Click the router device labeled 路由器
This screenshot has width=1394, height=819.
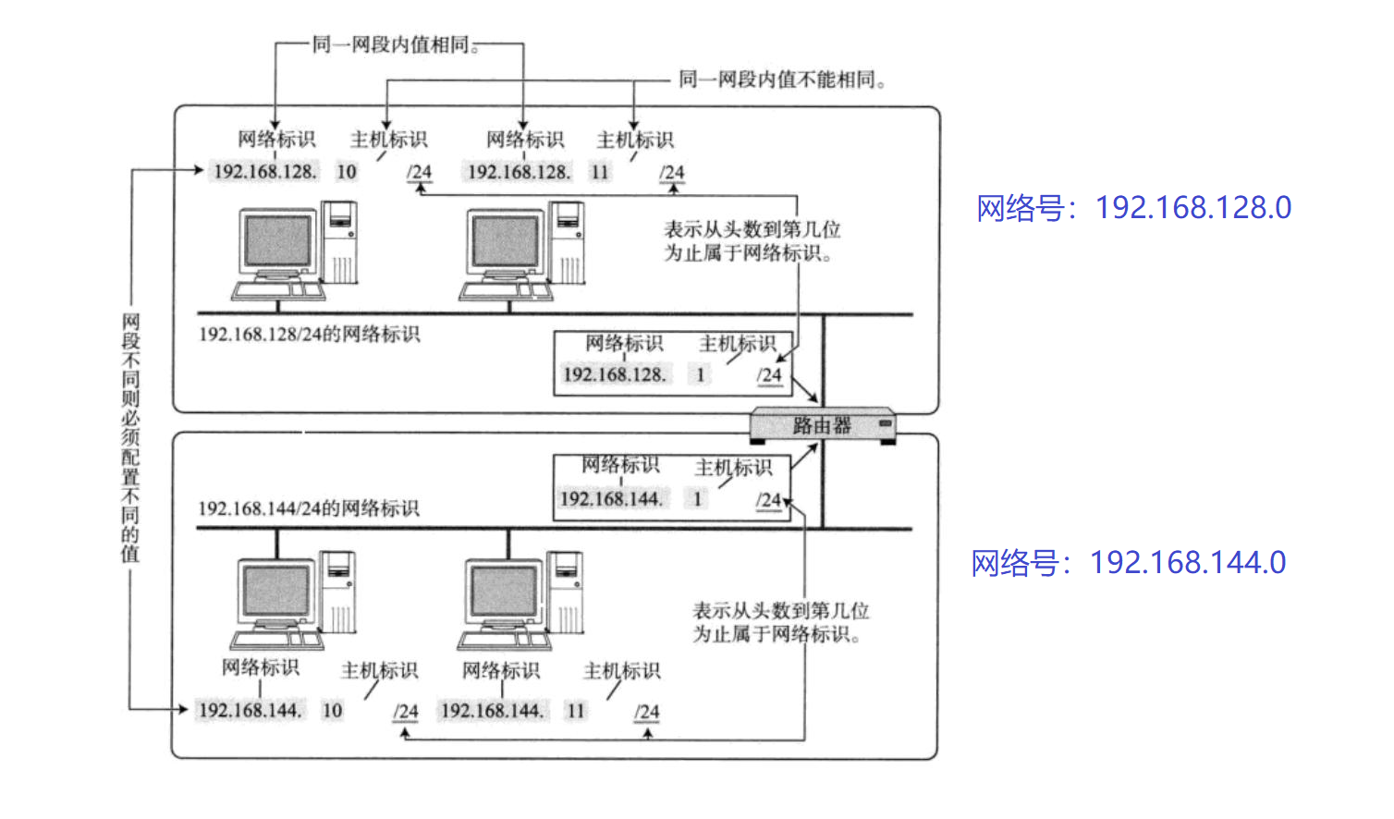(x=821, y=425)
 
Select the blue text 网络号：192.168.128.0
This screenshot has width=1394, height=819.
(x=1133, y=208)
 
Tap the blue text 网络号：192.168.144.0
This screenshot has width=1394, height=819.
(x=1128, y=562)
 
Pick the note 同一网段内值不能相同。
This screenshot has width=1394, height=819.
(x=782, y=79)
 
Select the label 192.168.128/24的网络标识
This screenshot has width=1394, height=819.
(x=309, y=334)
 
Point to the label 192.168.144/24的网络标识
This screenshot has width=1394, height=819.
(x=308, y=508)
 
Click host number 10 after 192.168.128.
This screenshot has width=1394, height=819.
(x=347, y=172)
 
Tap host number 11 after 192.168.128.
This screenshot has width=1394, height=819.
(x=600, y=172)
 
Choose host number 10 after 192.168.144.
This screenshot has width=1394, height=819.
(x=332, y=711)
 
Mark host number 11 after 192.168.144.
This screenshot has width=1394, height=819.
(x=576, y=711)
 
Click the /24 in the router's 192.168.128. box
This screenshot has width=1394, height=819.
(x=769, y=375)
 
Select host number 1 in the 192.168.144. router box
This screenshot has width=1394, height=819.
(x=698, y=499)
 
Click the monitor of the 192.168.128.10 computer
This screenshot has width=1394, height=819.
(x=276, y=241)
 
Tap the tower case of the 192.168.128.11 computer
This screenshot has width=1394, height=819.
(x=566, y=242)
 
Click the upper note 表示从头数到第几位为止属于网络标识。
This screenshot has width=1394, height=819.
(x=751, y=240)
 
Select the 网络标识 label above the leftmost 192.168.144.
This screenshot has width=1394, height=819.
(x=260, y=667)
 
